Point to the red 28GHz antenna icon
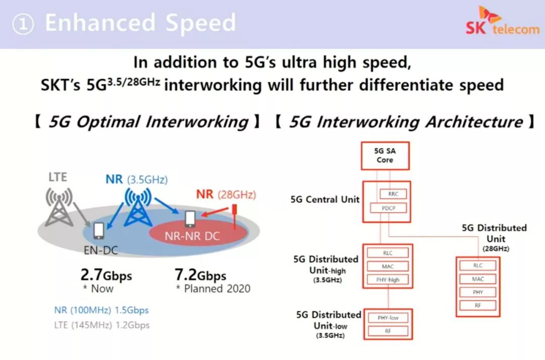pyautogui.click(x=234, y=217)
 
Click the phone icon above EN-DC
pyautogui.click(x=98, y=230)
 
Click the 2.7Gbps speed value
pyautogui.click(x=106, y=275)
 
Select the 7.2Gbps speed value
pyautogui.click(x=200, y=275)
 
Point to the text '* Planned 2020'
pyautogui.click(x=213, y=289)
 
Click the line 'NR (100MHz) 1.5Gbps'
pyautogui.click(x=101, y=310)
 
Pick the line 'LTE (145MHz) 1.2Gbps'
pyautogui.click(x=101, y=325)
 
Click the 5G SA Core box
pyautogui.click(x=385, y=156)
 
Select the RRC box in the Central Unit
pyautogui.click(x=392, y=194)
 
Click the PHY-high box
pyautogui.click(x=388, y=279)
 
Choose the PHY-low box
pyautogui.click(x=388, y=318)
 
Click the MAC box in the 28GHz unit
pyautogui.click(x=477, y=278)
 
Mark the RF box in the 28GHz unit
pyautogui.click(x=477, y=305)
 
